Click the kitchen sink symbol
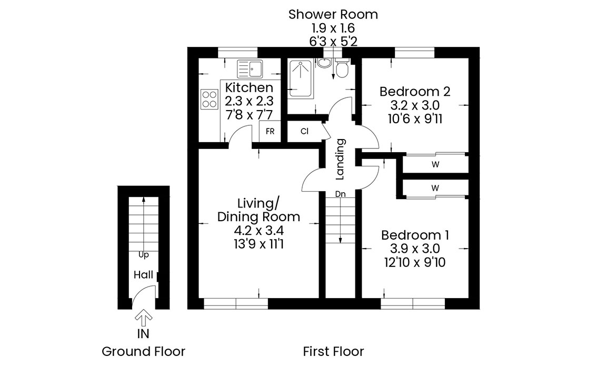[x=250, y=69]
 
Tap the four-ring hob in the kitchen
[x=210, y=99]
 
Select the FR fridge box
[x=270, y=132]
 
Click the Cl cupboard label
[x=304, y=132]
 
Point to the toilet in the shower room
[x=342, y=68]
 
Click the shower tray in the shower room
[x=301, y=78]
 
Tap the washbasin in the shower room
[x=324, y=63]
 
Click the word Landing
[x=340, y=159]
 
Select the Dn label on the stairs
[x=341, y=194]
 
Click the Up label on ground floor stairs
[x=144, y=255]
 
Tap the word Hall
[x=144, y=275]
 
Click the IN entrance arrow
[x=144, y=318]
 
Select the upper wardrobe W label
[x=435, y=165]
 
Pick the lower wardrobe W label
[x=435, y=188]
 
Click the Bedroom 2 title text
[x=415, y=92]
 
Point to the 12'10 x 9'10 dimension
[x=415, y=262]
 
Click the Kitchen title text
[x=250, y=87]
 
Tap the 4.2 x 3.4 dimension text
[x=259, y=231]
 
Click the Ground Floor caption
[x=144, y=351]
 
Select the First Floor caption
[x=334, y=351]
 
